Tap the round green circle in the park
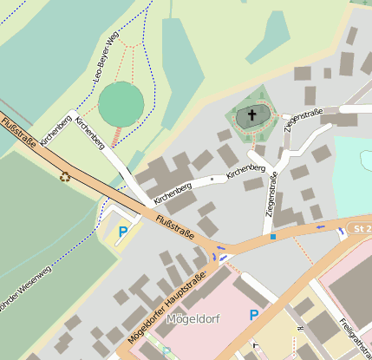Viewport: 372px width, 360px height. click(121, 104)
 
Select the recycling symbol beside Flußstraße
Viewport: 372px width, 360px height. click(65, 177)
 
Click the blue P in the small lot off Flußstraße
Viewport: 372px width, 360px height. click(123, 232)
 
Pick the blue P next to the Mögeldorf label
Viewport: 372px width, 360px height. click(253, 316)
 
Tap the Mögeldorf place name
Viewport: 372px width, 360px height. click(193, 319)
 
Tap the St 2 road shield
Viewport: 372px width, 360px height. click(361, 228)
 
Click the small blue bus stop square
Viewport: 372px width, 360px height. click(272, 236)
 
